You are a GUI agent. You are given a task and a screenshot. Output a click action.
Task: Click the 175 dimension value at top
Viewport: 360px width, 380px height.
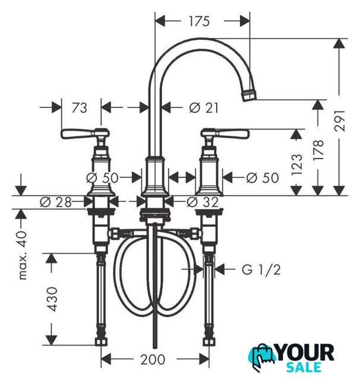point(199,21)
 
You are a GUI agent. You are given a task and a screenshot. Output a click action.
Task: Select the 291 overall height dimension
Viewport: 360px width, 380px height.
point(339,121)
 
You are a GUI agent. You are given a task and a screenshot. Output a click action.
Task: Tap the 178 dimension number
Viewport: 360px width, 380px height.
point(318,150)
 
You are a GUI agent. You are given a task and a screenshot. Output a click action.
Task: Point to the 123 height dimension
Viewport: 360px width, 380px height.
point(296,164)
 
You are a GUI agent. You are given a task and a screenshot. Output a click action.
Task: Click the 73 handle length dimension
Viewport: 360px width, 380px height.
point(79,107)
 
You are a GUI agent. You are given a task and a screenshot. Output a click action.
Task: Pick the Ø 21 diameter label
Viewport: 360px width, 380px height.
point(203,107)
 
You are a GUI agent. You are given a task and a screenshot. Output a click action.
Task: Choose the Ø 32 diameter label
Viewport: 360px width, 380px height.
point(203,202)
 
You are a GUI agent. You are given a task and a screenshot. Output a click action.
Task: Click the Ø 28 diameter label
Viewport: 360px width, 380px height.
point(56,202)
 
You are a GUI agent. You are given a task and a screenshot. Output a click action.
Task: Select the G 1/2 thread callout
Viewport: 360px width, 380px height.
point(261,269)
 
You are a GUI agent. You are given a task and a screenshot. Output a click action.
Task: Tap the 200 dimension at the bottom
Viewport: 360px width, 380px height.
point(153,359)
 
